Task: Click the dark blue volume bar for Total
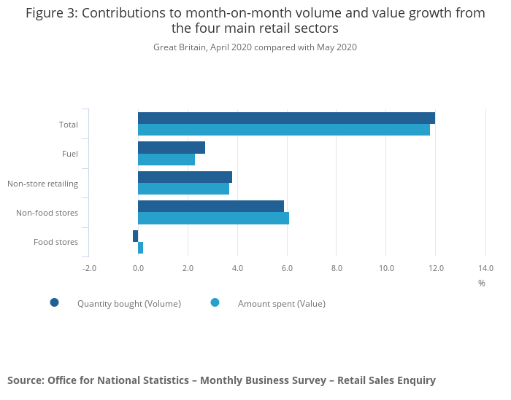[x=286, y=118]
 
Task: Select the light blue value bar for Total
[x=284, y=130]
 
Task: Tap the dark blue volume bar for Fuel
[x=172, y=148]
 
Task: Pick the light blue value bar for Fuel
[x=166, y=160]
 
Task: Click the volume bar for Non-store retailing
[x=185, y=177]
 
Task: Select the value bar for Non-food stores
[x=213, y=218]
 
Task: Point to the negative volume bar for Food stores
[x=135, y=236]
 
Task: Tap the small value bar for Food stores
[x=140, y=248]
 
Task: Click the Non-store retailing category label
[x=42, y=184]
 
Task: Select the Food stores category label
[x=55, y=242]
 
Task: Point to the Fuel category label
[x=70, y=154]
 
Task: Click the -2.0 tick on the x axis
[x=89, y=268]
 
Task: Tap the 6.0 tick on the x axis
[x=287, y=268]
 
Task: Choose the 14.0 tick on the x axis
[x=485, y=268]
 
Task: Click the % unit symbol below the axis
[x=482, y=283]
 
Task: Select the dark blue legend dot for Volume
[x=55, y=303]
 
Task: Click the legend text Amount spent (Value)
[x=281, y=304]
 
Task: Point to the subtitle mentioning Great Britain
[x=255, y=47]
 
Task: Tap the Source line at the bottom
[x=221, y=380]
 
